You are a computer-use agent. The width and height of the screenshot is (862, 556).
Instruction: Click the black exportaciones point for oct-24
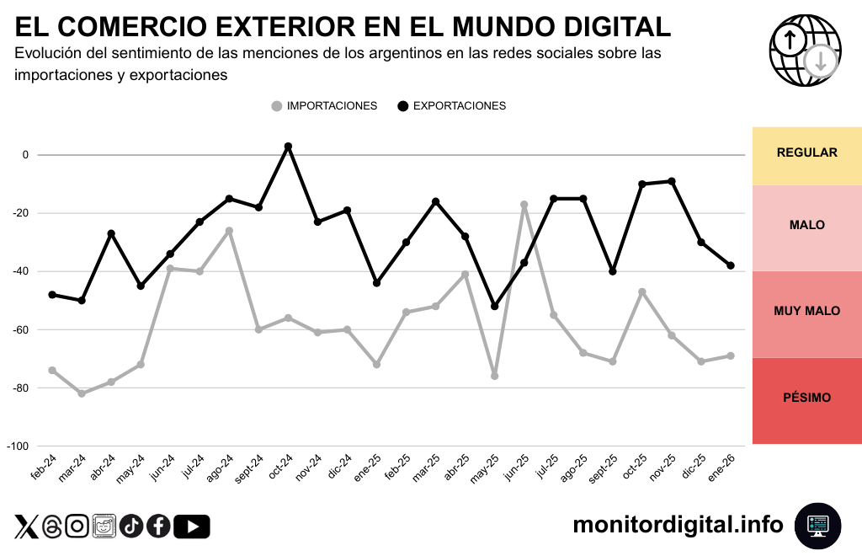click(288, 147)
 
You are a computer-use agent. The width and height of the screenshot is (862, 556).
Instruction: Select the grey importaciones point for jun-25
click(524, 205)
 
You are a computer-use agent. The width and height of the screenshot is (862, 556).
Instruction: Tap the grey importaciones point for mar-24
click(82, 393)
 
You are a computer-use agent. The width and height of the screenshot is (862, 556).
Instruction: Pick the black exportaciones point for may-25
click(494, 306)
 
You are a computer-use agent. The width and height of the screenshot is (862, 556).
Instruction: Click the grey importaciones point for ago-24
click(229, 231)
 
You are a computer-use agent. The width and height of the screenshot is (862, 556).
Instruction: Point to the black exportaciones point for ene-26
click(730, 265)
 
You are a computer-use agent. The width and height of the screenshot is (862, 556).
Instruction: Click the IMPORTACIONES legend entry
click(324, 106)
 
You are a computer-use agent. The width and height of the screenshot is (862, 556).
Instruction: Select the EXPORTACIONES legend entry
click(451, 106)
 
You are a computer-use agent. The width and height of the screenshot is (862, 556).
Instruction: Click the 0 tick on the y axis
click(25, 155)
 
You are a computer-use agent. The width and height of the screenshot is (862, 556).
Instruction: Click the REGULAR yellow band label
click(806, 152)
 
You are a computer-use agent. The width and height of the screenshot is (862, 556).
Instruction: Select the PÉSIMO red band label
click(806, 398)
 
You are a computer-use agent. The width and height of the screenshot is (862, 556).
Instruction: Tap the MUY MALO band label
click(806, 311)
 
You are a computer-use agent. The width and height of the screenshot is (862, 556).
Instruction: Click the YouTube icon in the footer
click(192, 527)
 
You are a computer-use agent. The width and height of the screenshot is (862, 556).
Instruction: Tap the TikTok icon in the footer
click(131, 527)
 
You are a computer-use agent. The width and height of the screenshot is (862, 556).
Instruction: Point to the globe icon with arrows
click(805, 51)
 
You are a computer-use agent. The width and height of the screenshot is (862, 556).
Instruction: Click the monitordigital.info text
click(678, 525)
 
